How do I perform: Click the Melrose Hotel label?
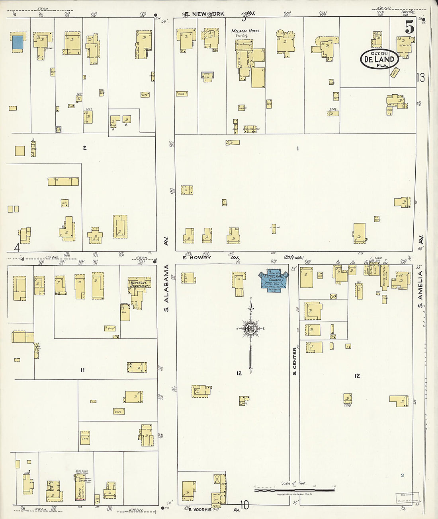tap(246, 31)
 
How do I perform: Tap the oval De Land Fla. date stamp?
tap(379, 59)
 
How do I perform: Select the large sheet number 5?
tap(409, 27)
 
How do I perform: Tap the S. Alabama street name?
tap(167, 288)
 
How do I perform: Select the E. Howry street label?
tap(197, 258)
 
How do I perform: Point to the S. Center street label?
tap(295, 361)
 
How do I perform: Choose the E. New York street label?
tap(204, 14)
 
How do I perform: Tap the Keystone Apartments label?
tap(139, 284)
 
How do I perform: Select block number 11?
tap(82, 370)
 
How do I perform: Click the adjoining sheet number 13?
tap(420, 77)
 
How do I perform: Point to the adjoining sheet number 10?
tap(244, 505)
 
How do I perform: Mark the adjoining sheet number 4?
tap(17, 247)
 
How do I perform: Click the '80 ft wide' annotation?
tap(293, 258)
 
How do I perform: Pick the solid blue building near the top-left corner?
tap(17, 43)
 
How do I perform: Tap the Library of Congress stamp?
tap(407, 498)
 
